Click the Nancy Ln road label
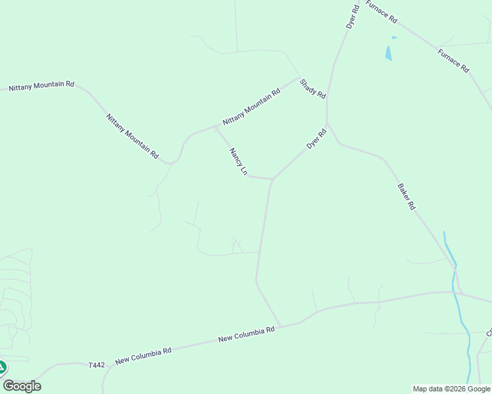pyautogui.click(x=237, y=162)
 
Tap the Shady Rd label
pyautogui.click(x=312, y=89)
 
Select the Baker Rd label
pyautogui.click(x=406, y=196)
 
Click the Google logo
pyautogui.click(x=22, y=386)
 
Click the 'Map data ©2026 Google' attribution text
pyautogui.click(x=451, y=389)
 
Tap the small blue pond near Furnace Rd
pyautogui.click(x=389, y=53)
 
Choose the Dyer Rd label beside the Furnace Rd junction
pyautogui.click(x=353, y=16)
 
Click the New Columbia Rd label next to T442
pyautogui.click(x=143, y=356)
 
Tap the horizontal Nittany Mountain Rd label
pyautogui.click(x=41, y=86)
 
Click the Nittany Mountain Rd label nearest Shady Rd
pyautogui.click(x=251, y=107)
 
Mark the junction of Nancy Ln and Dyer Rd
pyautogui.click(x=272, y=179)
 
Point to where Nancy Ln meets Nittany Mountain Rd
pyautogui.click(x=216, y=126)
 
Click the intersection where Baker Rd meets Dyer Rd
pyautogui.click(x=328, y=124)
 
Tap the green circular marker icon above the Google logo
pyautogui.click(x=2, y=367)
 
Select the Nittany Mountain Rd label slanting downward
pyautogui.click(x=132, y=136)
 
